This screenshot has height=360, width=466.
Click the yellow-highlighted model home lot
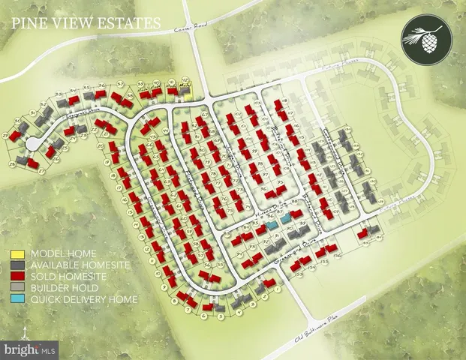click(x=185, y=91)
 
